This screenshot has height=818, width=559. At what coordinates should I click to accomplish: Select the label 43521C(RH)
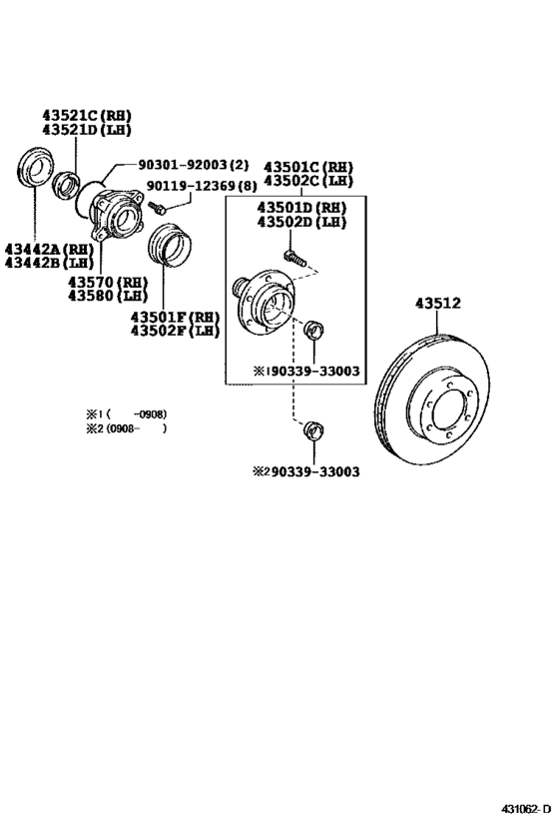pyautogui.click(x=86, y=115)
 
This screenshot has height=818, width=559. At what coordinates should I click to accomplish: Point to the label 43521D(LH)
pyautogui.click(x=86, y=130)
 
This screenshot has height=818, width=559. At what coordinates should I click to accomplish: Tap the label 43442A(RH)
pyautogui.click(x=47, y=249)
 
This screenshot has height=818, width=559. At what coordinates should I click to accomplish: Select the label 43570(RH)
pyautogui.click(x=108, y=283)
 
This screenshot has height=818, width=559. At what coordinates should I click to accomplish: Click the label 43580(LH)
pyautogui.click(x=108, y=297)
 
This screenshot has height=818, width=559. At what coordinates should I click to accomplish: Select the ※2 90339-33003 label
pyautogui.click(x=305, y=471)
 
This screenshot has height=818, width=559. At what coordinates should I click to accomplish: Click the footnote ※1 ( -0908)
pyautogui.click(x=125, y=413)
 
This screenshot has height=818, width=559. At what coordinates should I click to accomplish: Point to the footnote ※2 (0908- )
pyautogui.click(x=125, y=428)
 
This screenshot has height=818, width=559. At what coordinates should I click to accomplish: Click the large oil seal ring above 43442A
pyautogui.click(x=37, y=167)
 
